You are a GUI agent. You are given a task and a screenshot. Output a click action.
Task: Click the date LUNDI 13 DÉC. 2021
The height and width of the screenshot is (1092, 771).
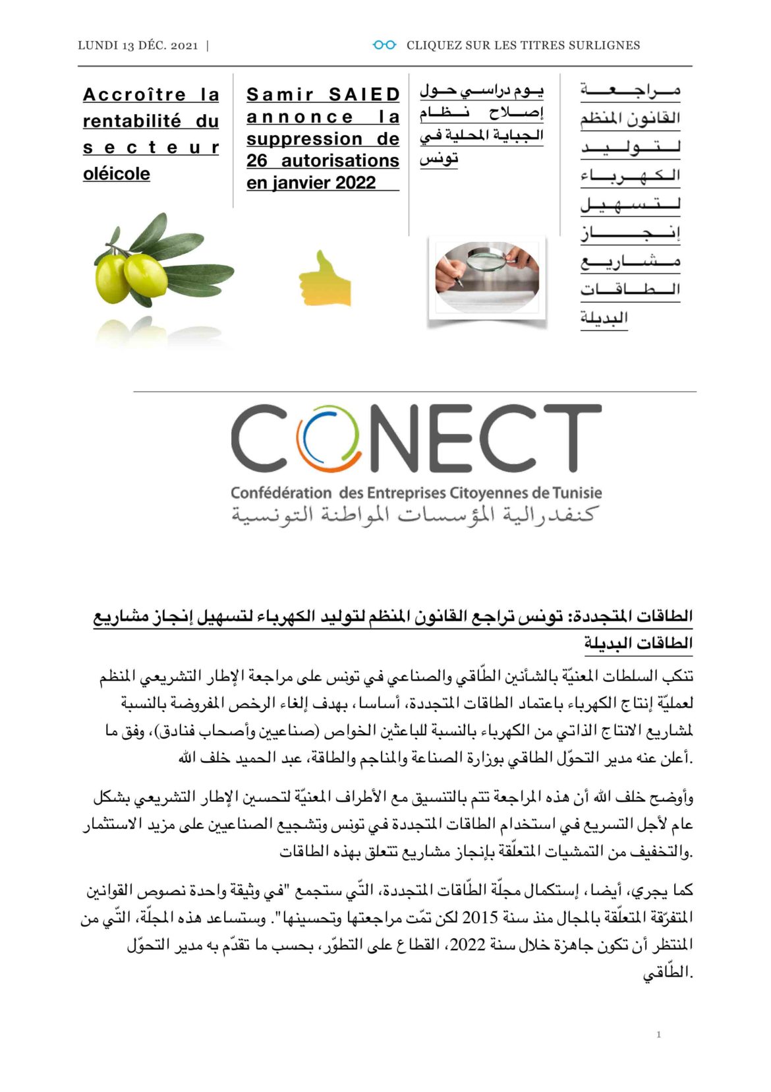(138, 45)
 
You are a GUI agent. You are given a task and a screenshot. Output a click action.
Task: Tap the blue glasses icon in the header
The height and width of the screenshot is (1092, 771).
(384, 45)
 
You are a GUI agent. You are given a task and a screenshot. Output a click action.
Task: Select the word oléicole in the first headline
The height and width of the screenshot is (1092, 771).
(117, 174)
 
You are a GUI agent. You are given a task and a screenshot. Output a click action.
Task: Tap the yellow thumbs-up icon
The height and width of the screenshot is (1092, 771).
(324, 279)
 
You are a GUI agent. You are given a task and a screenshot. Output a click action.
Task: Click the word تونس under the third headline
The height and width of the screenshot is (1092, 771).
(439, 159)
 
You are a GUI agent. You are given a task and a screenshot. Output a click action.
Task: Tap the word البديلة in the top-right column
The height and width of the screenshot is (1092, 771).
(604, 318)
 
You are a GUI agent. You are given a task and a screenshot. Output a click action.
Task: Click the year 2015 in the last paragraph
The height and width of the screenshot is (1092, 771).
(480, 918)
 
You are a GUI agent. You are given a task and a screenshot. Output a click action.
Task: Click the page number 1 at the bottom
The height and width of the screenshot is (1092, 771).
(658, 1034)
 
